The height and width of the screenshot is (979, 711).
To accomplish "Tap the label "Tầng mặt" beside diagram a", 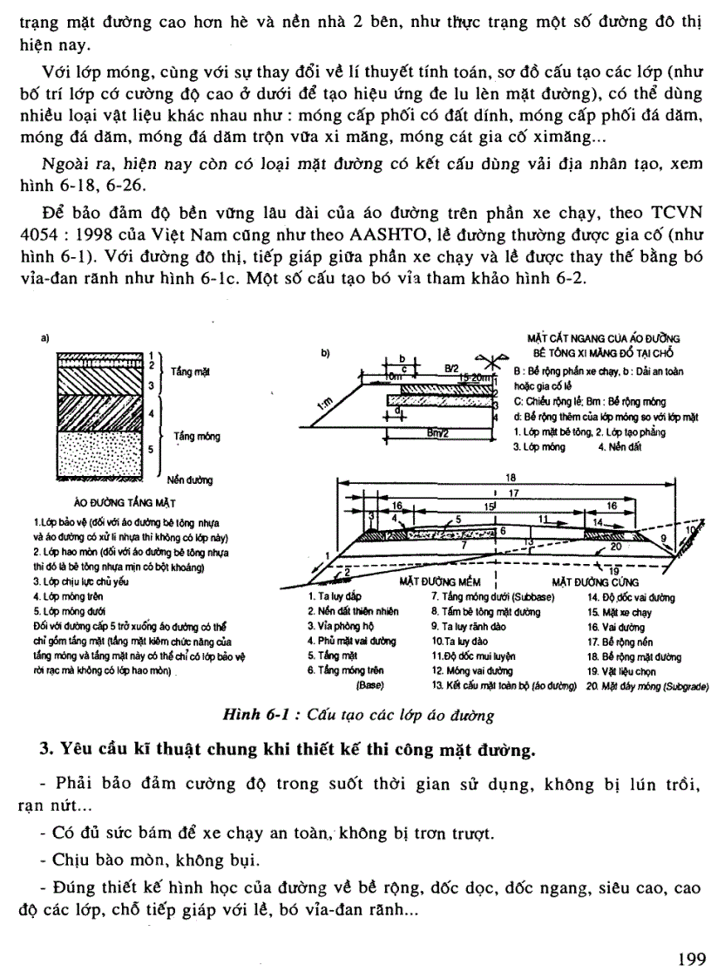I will point(190,371).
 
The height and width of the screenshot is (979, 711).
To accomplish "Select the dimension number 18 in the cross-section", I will point(521,478).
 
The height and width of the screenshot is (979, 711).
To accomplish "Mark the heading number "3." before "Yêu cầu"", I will point(47,749).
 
